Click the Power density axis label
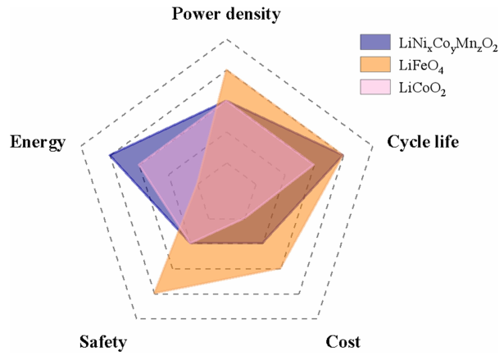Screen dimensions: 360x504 pyautogui.click(x=226, y=14)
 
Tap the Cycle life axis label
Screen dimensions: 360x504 pyautogui.click(x=422, y=142)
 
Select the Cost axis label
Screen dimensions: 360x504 pyautogui.click(x=343, y=342)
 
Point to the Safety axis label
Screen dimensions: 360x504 pyautogui.click(x=103, y=342)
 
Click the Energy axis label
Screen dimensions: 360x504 pyautogui.click(x=38, y=142)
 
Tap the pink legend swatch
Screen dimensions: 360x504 pyautogui.click(x=374, y=86)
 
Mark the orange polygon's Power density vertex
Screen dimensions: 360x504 pyautogui.click(x=226, y=71)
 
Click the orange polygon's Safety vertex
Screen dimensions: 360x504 pyautogui.click(x=154, y=293)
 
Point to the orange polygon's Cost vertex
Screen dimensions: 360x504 pyautogui.click(x=282, y=267)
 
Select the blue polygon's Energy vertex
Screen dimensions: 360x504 pyautogui.click(x=110, y=154)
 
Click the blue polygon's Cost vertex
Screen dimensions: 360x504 pyautogui.click(x=263, y=244)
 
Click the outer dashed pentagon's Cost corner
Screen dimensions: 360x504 pyautogui.click(x=316, y=318)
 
